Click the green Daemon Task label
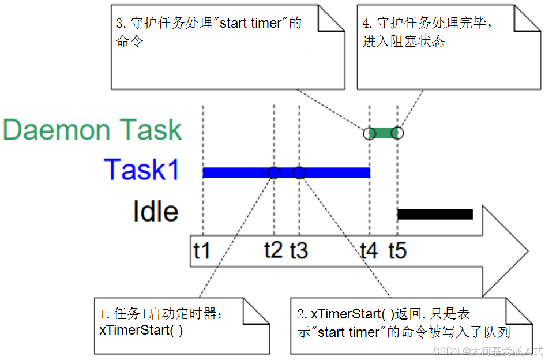coord(92,130)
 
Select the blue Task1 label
coord(142,170)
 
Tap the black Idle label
coord(156,212)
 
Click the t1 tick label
coord(201,250)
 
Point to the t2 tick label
coord(273,250)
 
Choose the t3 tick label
coord(299,250)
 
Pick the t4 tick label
coord(369,250)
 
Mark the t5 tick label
coord(397,250)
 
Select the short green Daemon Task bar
coord(383,133)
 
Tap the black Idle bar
coord(435,215)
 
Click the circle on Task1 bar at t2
coord(274,172)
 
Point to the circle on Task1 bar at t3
coord(299,172)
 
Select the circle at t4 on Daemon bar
coord(369,133)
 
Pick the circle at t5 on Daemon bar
coord(397,133)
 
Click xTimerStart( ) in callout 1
coord(141,331)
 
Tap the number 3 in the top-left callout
coord(119,24)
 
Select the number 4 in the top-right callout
coord(366,24)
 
